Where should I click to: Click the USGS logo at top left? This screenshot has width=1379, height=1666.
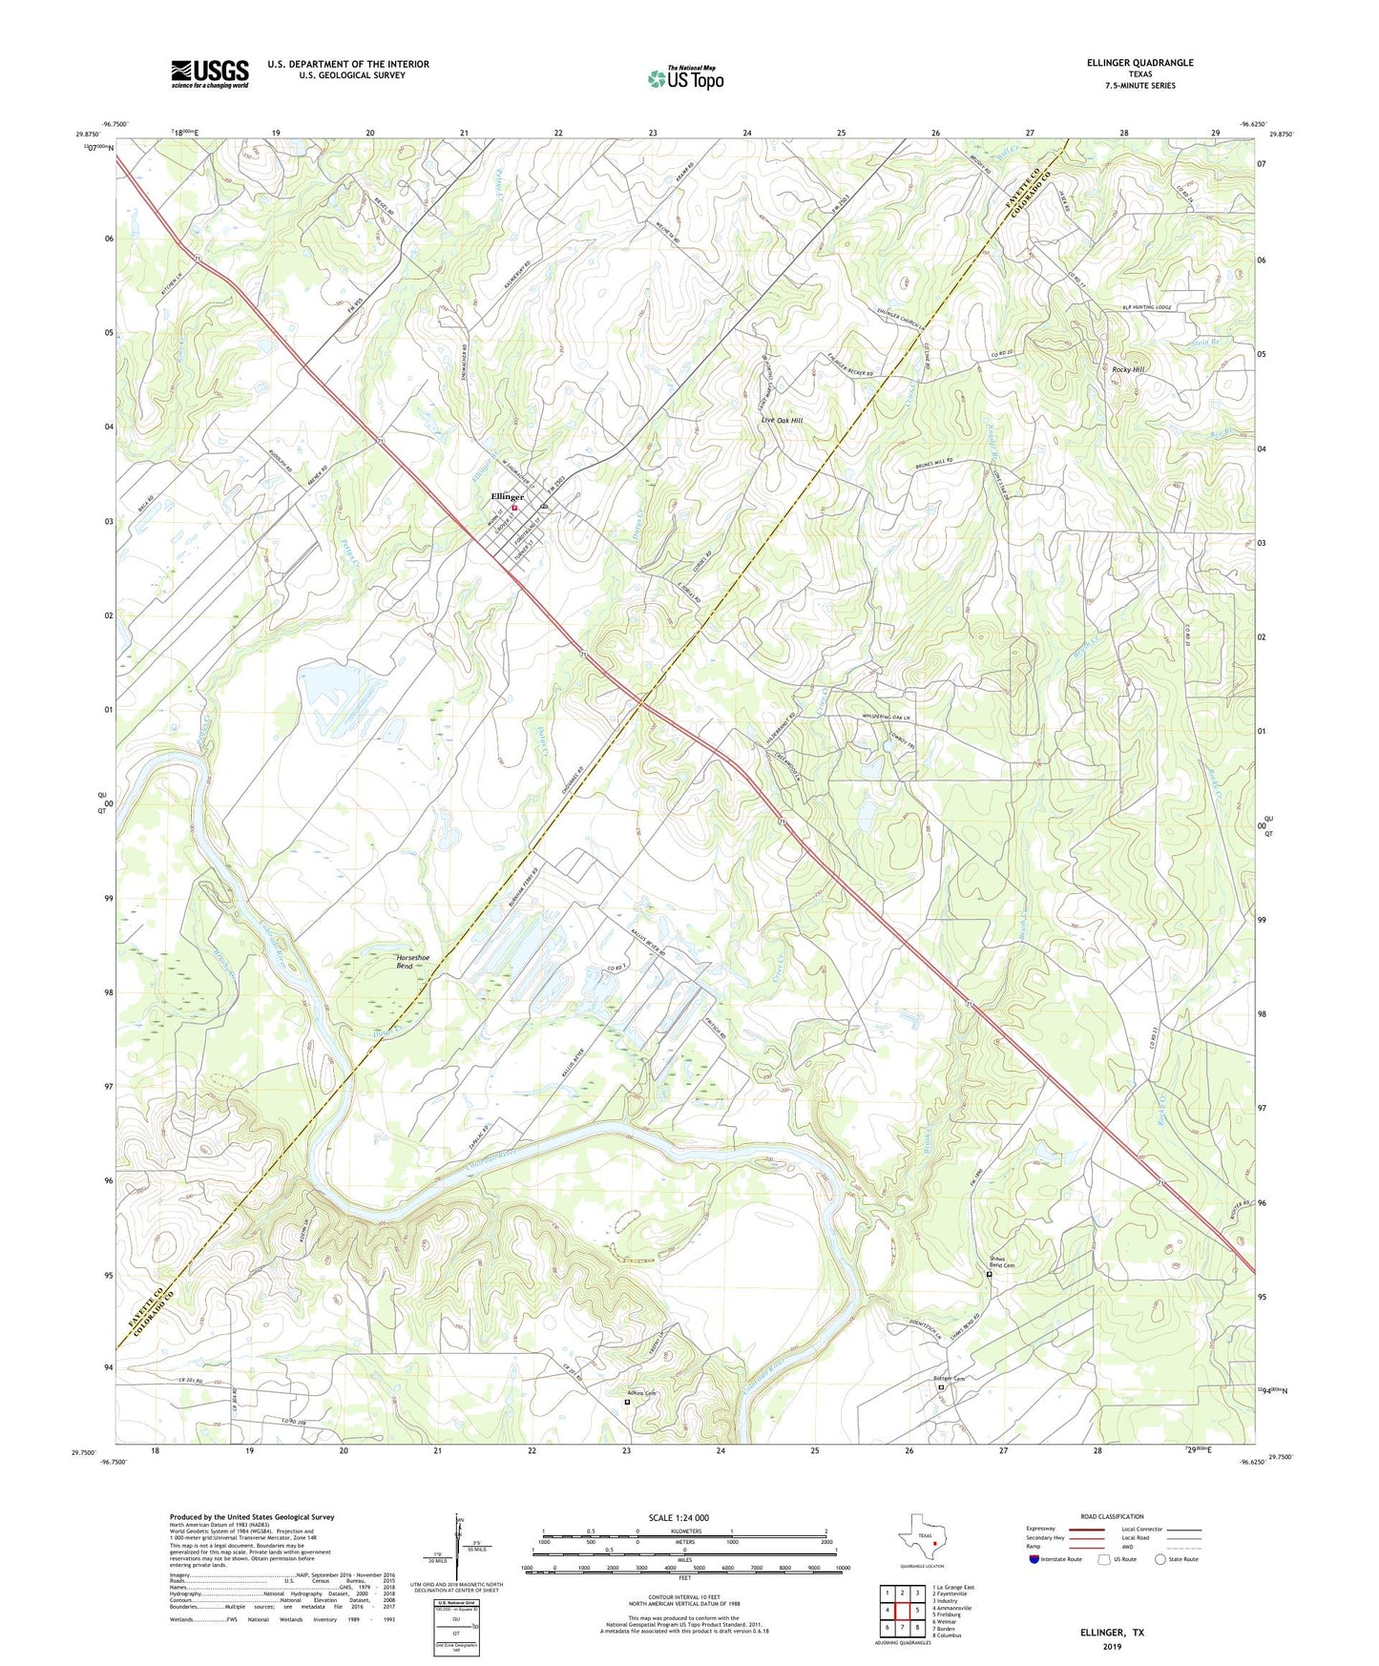(x=210, y=73)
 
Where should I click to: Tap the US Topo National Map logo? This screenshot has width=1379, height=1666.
(x=685, y=78)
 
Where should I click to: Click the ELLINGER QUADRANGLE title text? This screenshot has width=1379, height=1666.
(x=1139, y=63)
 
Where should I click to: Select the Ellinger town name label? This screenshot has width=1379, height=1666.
(x=507, y=497)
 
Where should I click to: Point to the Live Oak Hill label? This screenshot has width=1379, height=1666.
(x=782, y=420)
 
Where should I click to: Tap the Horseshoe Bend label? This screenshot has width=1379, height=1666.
(x=413, y=962)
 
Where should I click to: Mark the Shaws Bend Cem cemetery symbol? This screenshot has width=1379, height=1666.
(x=989, y=1274)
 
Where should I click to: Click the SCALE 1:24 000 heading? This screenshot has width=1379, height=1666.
(x=679, y=1518)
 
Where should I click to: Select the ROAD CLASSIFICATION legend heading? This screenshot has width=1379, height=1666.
(x=1112, y=1516)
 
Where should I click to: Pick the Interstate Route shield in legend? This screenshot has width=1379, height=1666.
(x=1035, y=1559)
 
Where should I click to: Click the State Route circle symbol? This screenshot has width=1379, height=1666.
(x=1160, y=1559)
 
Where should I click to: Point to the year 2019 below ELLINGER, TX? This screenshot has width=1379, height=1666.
(x=1112, y=1646)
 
